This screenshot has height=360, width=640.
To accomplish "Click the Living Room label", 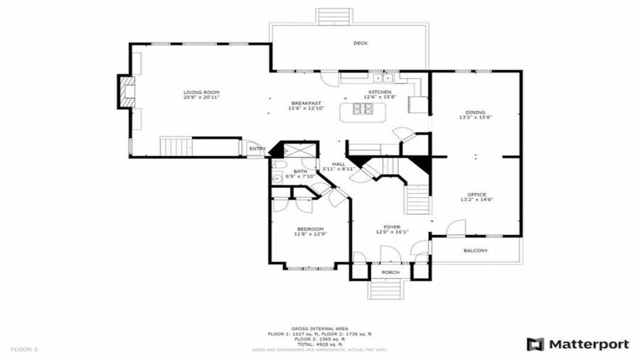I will [201, 92].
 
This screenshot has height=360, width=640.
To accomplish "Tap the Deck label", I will [361, 43].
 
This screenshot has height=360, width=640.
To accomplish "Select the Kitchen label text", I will [379, 92].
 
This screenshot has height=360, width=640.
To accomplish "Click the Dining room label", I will [476, 112].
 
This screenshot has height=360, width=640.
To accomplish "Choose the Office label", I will [476, 194].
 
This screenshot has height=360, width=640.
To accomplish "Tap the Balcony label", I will [476, 250].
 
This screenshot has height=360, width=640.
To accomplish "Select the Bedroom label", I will [310, 229].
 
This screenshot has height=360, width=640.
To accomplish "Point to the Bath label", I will [300, 171].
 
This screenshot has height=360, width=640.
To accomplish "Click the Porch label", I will [390, 272].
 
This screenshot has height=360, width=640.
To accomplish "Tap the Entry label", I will [257, 149].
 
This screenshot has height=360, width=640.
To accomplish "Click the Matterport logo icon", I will [535, 344].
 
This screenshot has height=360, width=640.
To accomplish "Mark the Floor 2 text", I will [24, 349].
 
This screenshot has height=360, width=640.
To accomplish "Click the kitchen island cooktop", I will [361, 109].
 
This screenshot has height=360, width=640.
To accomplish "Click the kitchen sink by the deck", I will [383, 78].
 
